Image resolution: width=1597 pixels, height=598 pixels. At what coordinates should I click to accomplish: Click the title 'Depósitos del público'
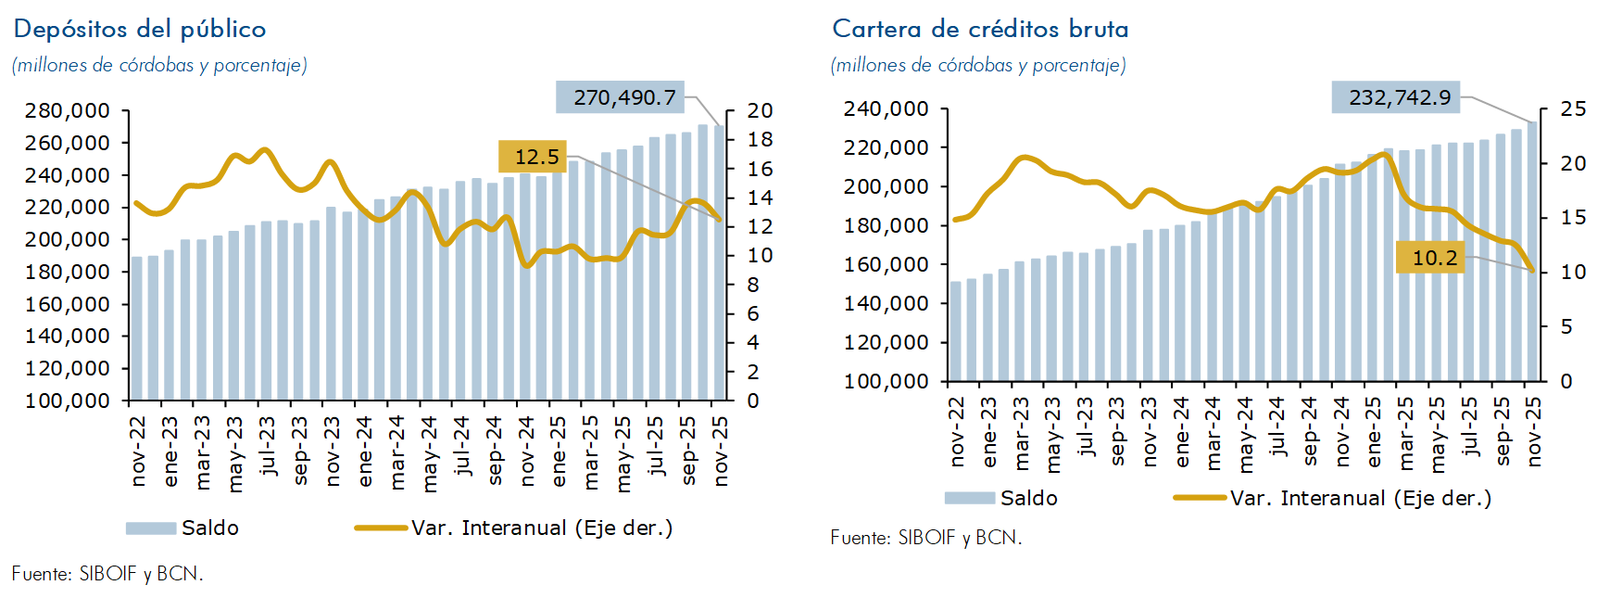140,30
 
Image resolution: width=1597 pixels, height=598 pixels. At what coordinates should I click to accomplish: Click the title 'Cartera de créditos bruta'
980,30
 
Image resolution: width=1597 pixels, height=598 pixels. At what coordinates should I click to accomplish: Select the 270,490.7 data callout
620,97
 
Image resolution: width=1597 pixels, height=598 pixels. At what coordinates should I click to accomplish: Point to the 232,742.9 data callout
1395,97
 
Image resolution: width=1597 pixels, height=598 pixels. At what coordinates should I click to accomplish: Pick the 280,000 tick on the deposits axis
68,111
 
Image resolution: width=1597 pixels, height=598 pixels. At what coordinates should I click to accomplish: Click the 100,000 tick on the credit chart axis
886,381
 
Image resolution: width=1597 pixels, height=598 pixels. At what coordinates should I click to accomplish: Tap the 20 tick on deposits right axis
760,111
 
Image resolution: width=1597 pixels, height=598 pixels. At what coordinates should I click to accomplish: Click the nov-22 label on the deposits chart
139,451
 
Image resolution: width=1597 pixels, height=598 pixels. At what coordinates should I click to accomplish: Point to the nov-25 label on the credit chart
1534,432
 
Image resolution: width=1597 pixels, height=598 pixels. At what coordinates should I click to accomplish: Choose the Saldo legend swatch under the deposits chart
151,528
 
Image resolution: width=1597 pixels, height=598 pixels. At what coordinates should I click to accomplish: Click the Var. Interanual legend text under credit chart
1361,499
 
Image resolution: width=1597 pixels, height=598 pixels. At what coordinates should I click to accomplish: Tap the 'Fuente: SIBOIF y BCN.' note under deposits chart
107,574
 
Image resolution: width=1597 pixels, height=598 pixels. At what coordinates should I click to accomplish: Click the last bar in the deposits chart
719,263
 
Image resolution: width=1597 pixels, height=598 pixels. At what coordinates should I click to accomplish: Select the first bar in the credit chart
956,331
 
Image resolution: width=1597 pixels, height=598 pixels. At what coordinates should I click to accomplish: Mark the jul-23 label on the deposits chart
268,446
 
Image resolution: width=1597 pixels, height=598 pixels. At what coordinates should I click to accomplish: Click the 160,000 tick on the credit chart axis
886,265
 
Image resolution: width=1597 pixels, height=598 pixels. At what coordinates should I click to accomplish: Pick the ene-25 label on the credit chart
1374,432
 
